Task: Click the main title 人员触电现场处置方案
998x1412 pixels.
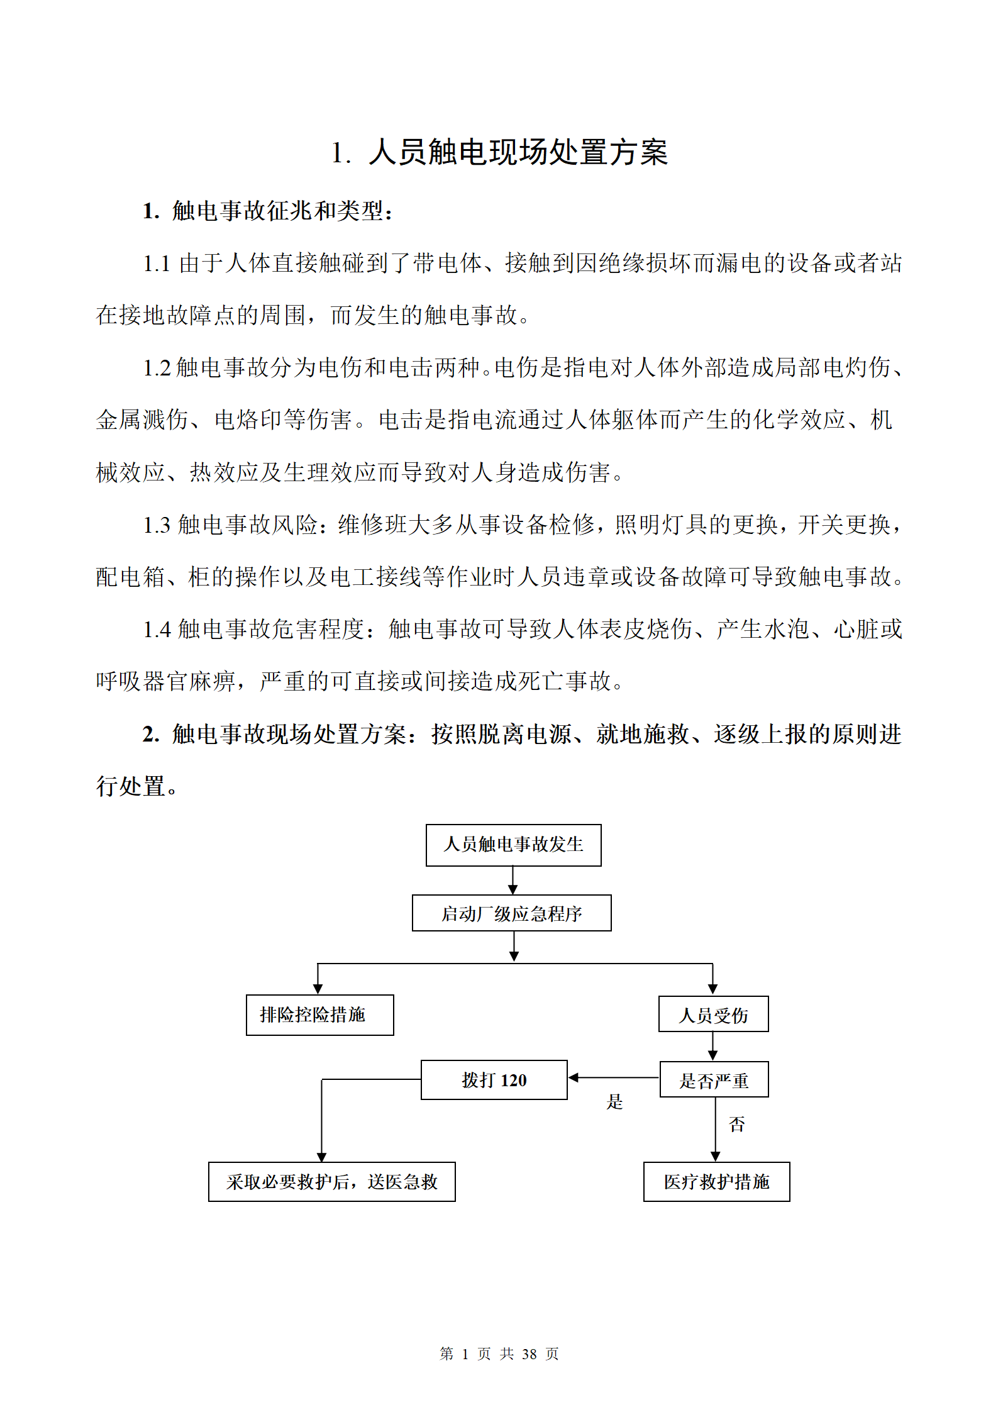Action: (518, 153)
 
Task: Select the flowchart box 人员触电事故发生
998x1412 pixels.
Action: (513, 845)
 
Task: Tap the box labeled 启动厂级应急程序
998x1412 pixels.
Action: (511, 913)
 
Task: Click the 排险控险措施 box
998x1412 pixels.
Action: (319, 1015)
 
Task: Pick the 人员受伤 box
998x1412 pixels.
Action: (713, 1014)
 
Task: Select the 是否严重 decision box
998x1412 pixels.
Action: (714, 1079)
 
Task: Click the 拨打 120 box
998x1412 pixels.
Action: (494, 1079)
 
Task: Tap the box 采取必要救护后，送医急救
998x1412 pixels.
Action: (331, 1181)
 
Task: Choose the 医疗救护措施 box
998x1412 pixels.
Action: (716, 1181)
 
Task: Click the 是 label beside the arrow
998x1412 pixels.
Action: (614, 1101)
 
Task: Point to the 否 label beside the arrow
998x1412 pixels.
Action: (736, 1124)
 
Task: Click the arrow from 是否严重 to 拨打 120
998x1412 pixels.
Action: (614, 1077)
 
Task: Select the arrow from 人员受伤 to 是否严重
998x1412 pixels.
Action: (712, 1046)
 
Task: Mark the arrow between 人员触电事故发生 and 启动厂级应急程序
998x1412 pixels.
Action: (513, 880)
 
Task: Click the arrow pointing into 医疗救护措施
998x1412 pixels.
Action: (715, 1129)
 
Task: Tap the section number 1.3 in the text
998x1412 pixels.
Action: (157, 525)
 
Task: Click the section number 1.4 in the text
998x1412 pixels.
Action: (157, 629)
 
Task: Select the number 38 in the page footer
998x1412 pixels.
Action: (529, 1354)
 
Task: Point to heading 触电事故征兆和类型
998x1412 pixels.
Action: (277, 211)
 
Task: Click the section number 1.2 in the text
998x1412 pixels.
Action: (157, 368)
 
